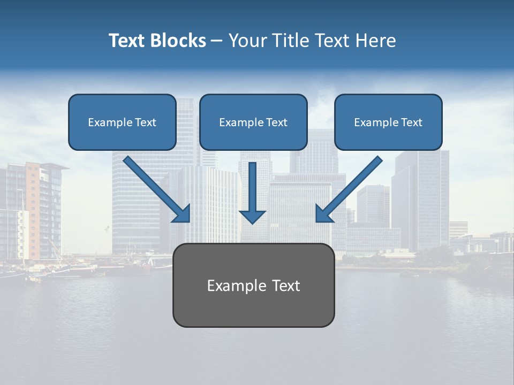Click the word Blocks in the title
coord(178,41)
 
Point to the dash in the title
coord(216,41)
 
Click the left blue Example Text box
coord(122,122)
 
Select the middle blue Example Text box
coord(253,122)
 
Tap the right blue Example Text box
coord(388,122)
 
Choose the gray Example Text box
coord(253,285)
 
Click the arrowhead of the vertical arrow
coord(252,215)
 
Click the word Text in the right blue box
coord(412,122)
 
